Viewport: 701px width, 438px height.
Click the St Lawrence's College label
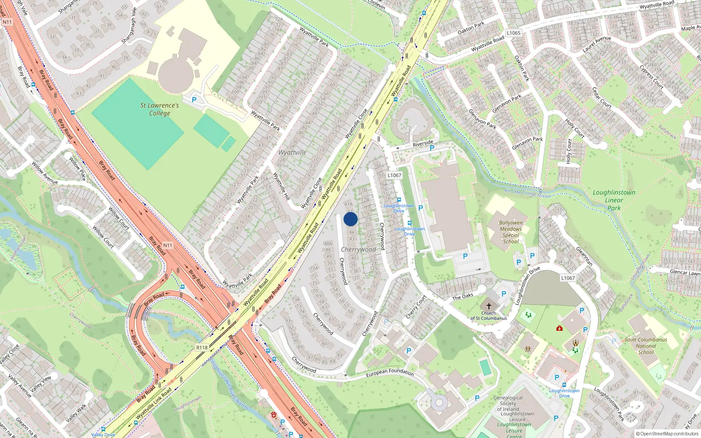click(x=159, y=109)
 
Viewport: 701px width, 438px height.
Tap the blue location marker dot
click(x=350, y=219)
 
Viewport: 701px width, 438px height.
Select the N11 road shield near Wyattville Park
click(x=167, y=245)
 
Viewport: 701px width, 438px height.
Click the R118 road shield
click(x=202, y=348)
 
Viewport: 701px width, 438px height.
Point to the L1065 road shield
click(x=513, y=33)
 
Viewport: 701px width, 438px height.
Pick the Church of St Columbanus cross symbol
click(x=489, y=306)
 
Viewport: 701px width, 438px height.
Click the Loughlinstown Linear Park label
click(x=614, y=200)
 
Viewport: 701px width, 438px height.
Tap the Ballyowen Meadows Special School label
click(x=511, y=232)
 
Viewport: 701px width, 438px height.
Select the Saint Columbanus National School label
click(x=646, y=346)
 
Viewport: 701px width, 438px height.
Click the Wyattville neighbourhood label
click(x=292, y=152)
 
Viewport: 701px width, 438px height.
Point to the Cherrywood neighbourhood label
click(x=358, y=249)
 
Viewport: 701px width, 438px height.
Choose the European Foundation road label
click(x=390, y=373)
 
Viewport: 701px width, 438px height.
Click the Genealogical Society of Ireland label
click(x=508, y=403)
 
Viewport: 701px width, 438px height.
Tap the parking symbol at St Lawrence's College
click(x=194, y=100)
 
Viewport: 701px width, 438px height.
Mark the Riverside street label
click(x=423, y=143)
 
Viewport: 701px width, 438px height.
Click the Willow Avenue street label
click(x=45, y=173)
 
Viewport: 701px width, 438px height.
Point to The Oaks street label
click(x=463, y=297)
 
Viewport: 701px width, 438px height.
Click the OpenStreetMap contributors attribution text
click(x=667, y=434)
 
